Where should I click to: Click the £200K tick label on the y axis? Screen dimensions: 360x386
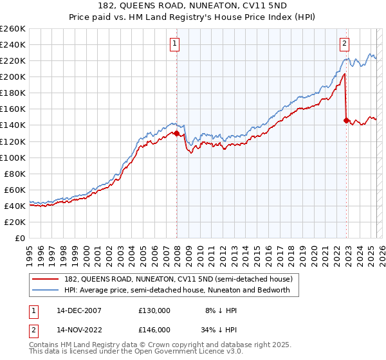[13, 76]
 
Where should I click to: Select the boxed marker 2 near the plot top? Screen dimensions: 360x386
[344, 44]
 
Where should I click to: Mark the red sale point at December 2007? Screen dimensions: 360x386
[176, 134]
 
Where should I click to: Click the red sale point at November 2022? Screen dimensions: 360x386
[346, 120]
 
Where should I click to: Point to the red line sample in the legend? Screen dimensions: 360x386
[46, 279]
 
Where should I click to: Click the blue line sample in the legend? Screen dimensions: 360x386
[46, 290]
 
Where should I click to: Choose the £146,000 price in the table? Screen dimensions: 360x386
[154, 328]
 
